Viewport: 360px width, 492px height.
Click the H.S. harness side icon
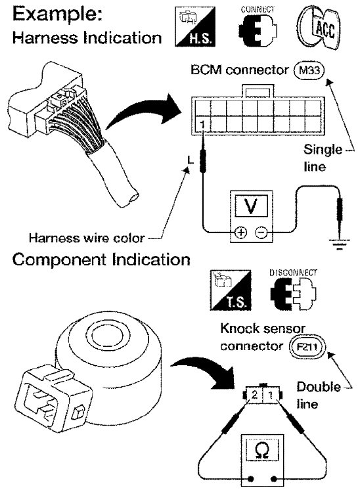click(x=195, y=27)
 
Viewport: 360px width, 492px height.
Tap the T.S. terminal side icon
click(x=231, y=290)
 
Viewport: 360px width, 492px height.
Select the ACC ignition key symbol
click(x=318, y=28)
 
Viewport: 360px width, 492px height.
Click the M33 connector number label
click(x=309, y=70)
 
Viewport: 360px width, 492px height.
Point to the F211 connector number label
click(x=307, y=347)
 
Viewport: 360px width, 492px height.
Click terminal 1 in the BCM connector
click(x=203, y=124)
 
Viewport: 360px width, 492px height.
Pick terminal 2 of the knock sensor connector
click(x=254, y=394)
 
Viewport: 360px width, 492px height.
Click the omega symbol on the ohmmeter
click(x=261, y=451)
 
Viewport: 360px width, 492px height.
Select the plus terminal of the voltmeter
click(x=241, y=232)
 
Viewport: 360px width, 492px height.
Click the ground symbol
click(x=340, y=244)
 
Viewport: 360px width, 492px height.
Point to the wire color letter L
click(x=191, y=160)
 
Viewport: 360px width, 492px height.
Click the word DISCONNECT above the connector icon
click(x=293, y=273)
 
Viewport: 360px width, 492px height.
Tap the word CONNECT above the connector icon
click(x=258, y=9)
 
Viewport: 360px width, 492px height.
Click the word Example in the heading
click(x=57, y=14)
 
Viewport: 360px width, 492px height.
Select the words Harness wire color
click(x=87, y=238)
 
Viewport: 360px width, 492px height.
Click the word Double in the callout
click(x=319, y=386)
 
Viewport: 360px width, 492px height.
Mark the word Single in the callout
click(x=323, y=150)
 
